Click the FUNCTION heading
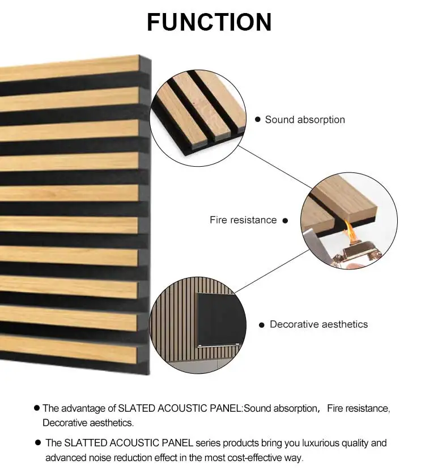pos(209,22)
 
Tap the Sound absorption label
pos(304,120)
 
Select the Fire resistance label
pos(243,219)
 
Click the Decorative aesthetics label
pos(318,324)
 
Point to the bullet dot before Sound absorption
pos(258,120)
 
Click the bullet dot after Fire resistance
pos(285,220)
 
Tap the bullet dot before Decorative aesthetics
pos(262,325)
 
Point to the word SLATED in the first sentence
pos(136,408)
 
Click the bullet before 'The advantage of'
pos(37,408)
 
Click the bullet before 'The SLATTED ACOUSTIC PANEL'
pos(38,442)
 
